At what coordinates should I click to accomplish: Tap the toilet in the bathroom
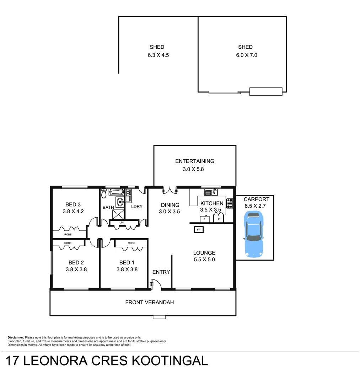point(104,194)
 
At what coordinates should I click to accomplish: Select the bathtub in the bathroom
point(116,192)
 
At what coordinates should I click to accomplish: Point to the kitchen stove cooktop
point(230,203)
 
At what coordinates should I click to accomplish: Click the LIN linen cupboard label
point(122,223)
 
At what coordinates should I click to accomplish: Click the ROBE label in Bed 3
point(68,235)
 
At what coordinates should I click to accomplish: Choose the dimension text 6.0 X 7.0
point(245,55)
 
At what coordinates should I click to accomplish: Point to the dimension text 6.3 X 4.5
point(157,55)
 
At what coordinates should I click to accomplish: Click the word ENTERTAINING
point(195,161)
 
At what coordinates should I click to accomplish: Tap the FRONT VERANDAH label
point(149,303)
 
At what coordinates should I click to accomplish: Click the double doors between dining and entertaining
point(170,190)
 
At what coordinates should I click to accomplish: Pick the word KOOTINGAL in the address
point(170,361)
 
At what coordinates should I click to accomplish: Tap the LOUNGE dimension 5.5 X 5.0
point(204,260)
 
